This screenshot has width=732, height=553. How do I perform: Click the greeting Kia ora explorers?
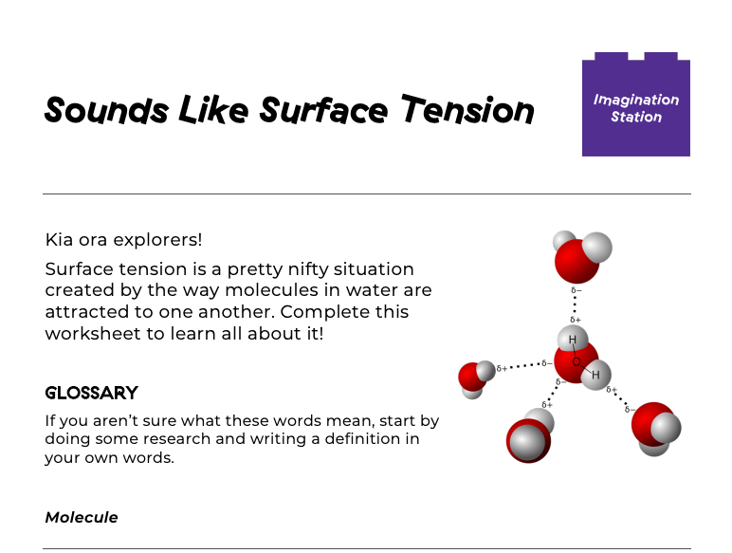point(123,239)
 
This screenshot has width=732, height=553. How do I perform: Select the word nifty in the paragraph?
point(322,269)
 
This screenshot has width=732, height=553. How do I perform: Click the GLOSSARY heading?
point(92,393)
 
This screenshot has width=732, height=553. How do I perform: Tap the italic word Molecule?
point(82,517)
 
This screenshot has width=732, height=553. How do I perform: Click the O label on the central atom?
point(576,361)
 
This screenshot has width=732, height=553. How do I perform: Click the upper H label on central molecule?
point(573,340)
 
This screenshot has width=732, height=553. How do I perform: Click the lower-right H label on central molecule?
point(595,375)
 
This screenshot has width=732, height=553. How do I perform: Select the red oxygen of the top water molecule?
point(577,260)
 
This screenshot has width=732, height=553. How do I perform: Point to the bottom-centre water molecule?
point(528,438)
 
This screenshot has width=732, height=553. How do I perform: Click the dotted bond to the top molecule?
point(575,303)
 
